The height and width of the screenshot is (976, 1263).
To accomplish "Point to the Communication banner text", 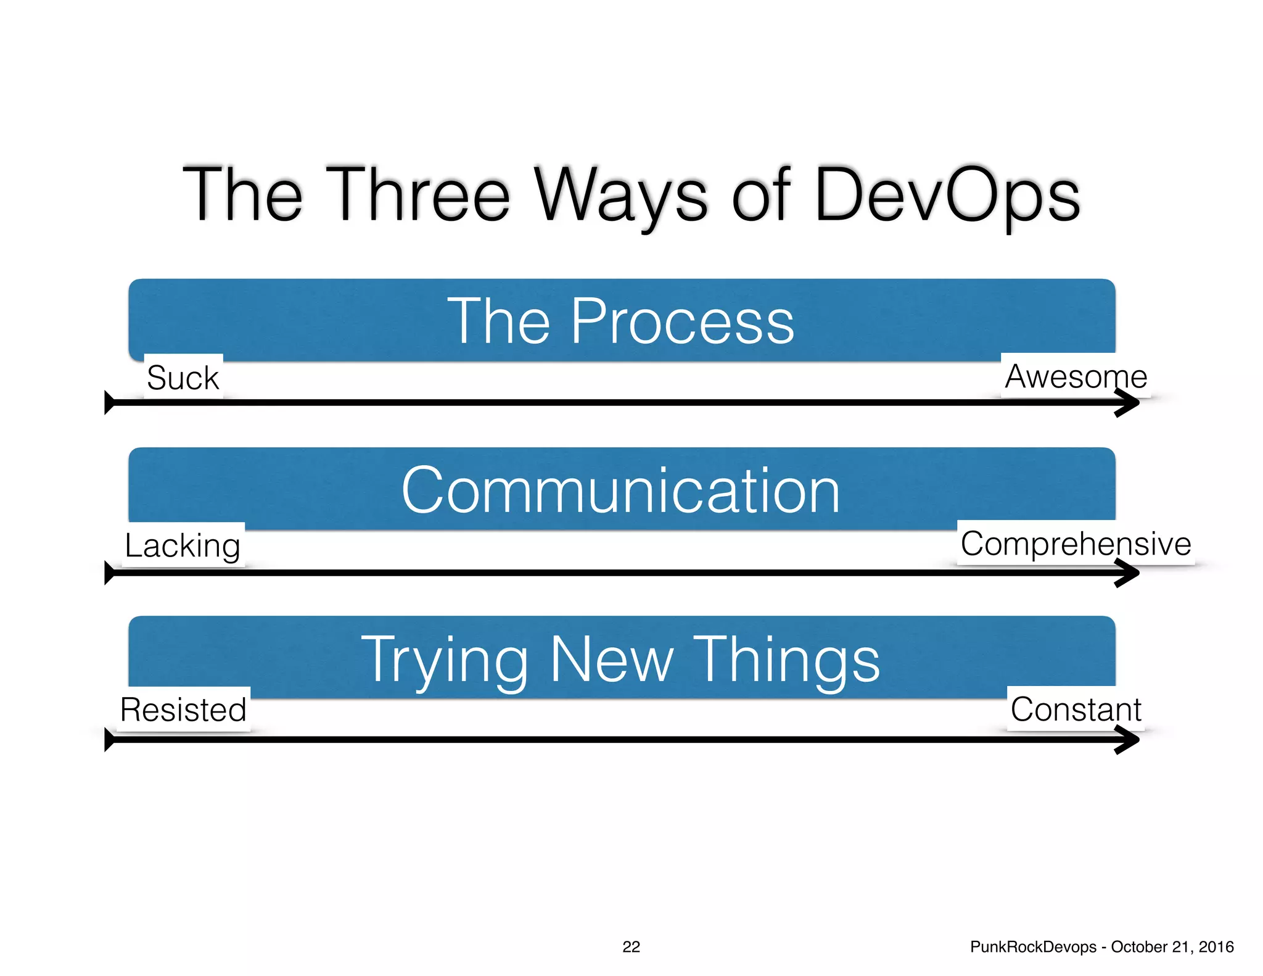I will tap(620, 491).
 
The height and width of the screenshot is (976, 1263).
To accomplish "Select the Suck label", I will tap(183, 378).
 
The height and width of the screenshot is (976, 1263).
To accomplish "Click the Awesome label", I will tap(1076, 376).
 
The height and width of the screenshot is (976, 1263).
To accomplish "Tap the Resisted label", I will tap(183, 709).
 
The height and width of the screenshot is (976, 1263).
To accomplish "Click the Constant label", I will tap(1076, 709).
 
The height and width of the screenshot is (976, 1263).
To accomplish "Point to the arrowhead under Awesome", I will tap(1129, 403).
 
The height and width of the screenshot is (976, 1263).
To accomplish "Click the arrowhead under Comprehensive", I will tap(1129, 573).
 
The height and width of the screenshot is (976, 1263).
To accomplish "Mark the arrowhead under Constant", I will tap(1129, 740).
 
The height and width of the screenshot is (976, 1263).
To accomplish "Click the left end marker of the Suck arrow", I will tap(109, 403).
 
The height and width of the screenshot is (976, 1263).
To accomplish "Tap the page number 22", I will tap(631, 947).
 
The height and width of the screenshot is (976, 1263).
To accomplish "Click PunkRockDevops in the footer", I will tap(1033, 947).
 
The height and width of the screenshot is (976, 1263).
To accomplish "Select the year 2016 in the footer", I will tap(1216, 947).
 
